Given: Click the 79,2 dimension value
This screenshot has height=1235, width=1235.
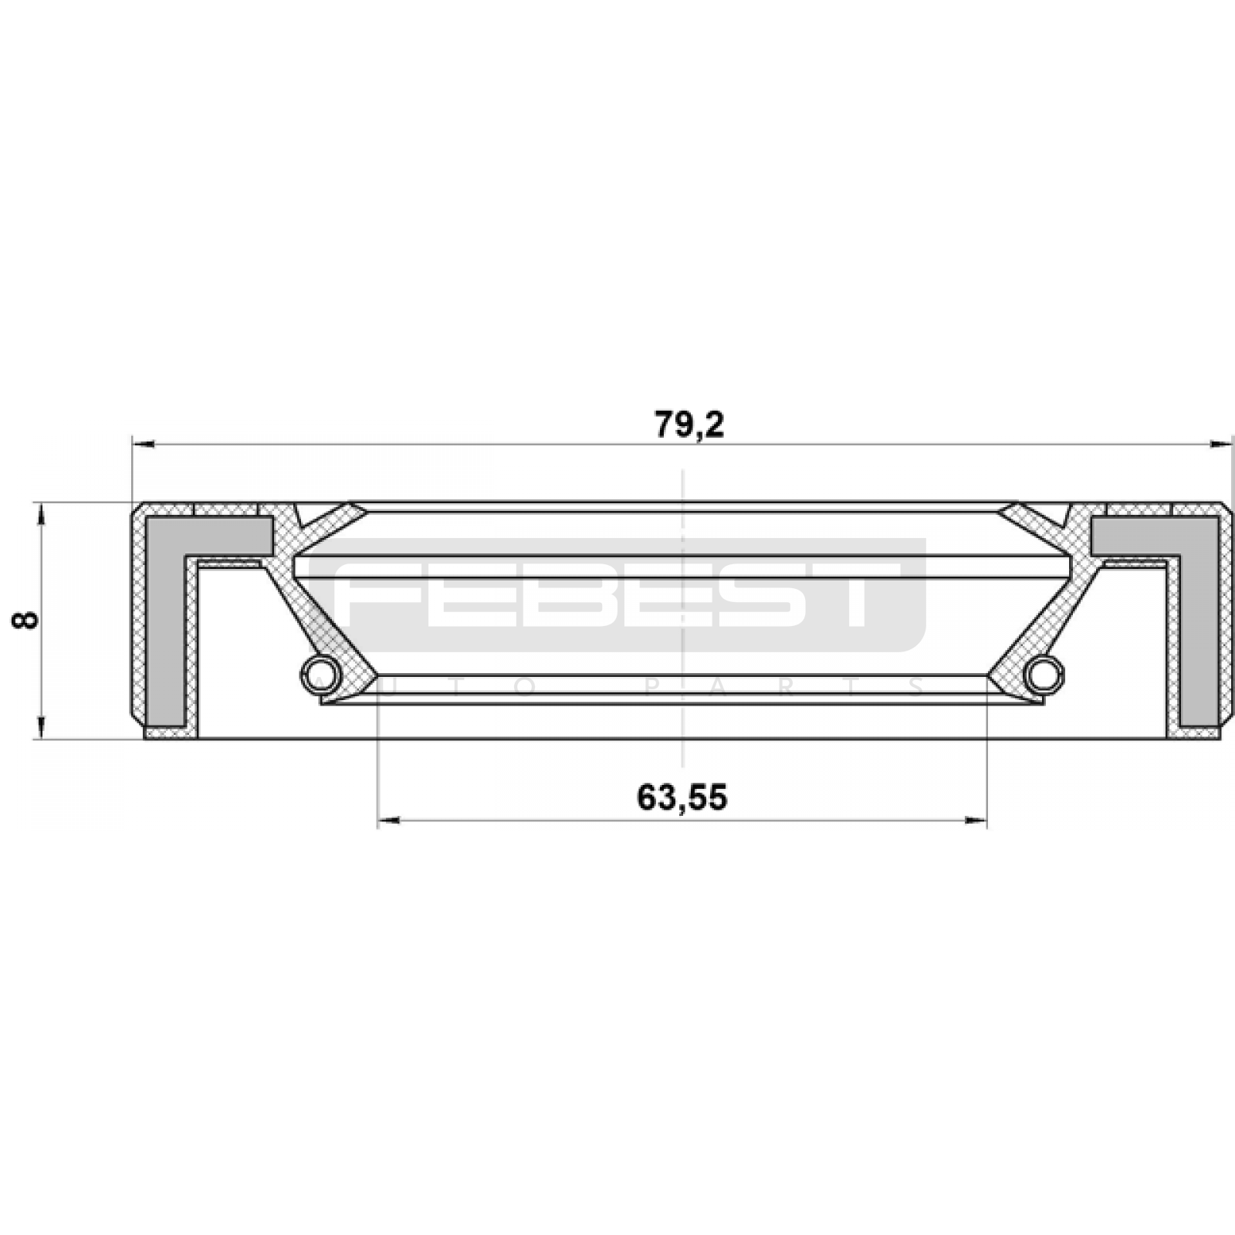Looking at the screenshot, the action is (x=690, y=425).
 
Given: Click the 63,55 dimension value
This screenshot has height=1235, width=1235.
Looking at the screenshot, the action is (x=682, y=797).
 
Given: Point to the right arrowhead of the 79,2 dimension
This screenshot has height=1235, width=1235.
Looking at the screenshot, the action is (x=1220, y=444).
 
